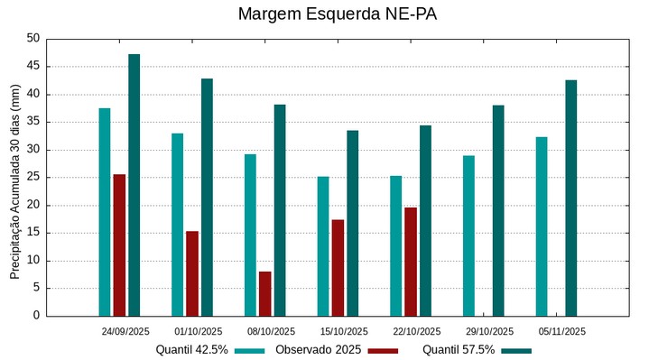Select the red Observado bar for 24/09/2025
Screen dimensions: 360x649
coord(119,245)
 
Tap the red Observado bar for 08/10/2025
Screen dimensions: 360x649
coord(265,294)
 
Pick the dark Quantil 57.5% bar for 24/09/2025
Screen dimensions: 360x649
coord(134,185)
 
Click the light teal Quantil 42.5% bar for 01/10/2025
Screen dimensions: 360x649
coord(178,225)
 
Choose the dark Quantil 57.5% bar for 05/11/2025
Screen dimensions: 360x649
coord(571,198)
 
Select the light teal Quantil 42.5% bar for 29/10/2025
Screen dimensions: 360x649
coord(469,235)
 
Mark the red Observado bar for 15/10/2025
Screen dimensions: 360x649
coord(338,268)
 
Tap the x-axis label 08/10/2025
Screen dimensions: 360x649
coord(271,331)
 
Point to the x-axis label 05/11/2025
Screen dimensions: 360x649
coord(562,331)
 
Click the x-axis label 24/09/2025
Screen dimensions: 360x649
coord(125,331)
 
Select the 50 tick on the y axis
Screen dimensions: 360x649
coord(33,39)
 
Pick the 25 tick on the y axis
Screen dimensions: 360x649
coord(33,178)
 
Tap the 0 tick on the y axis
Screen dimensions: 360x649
coord(37,316)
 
